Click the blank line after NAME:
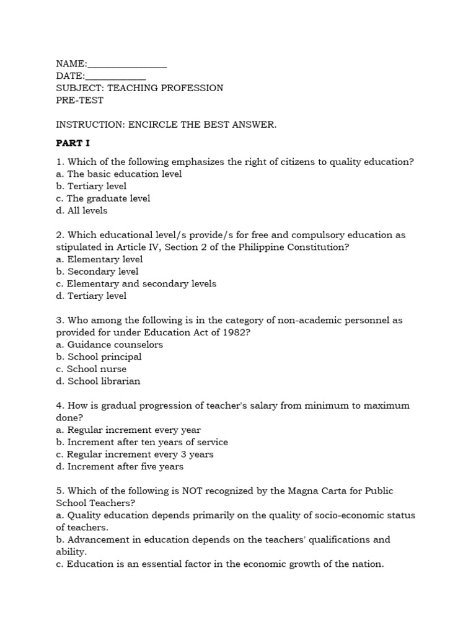[127, 64]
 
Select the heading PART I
[73, 143]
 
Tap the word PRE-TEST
[80, 100]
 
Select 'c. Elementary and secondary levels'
[136, 283]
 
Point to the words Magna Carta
[314, 491]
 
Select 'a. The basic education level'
[118, 174]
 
